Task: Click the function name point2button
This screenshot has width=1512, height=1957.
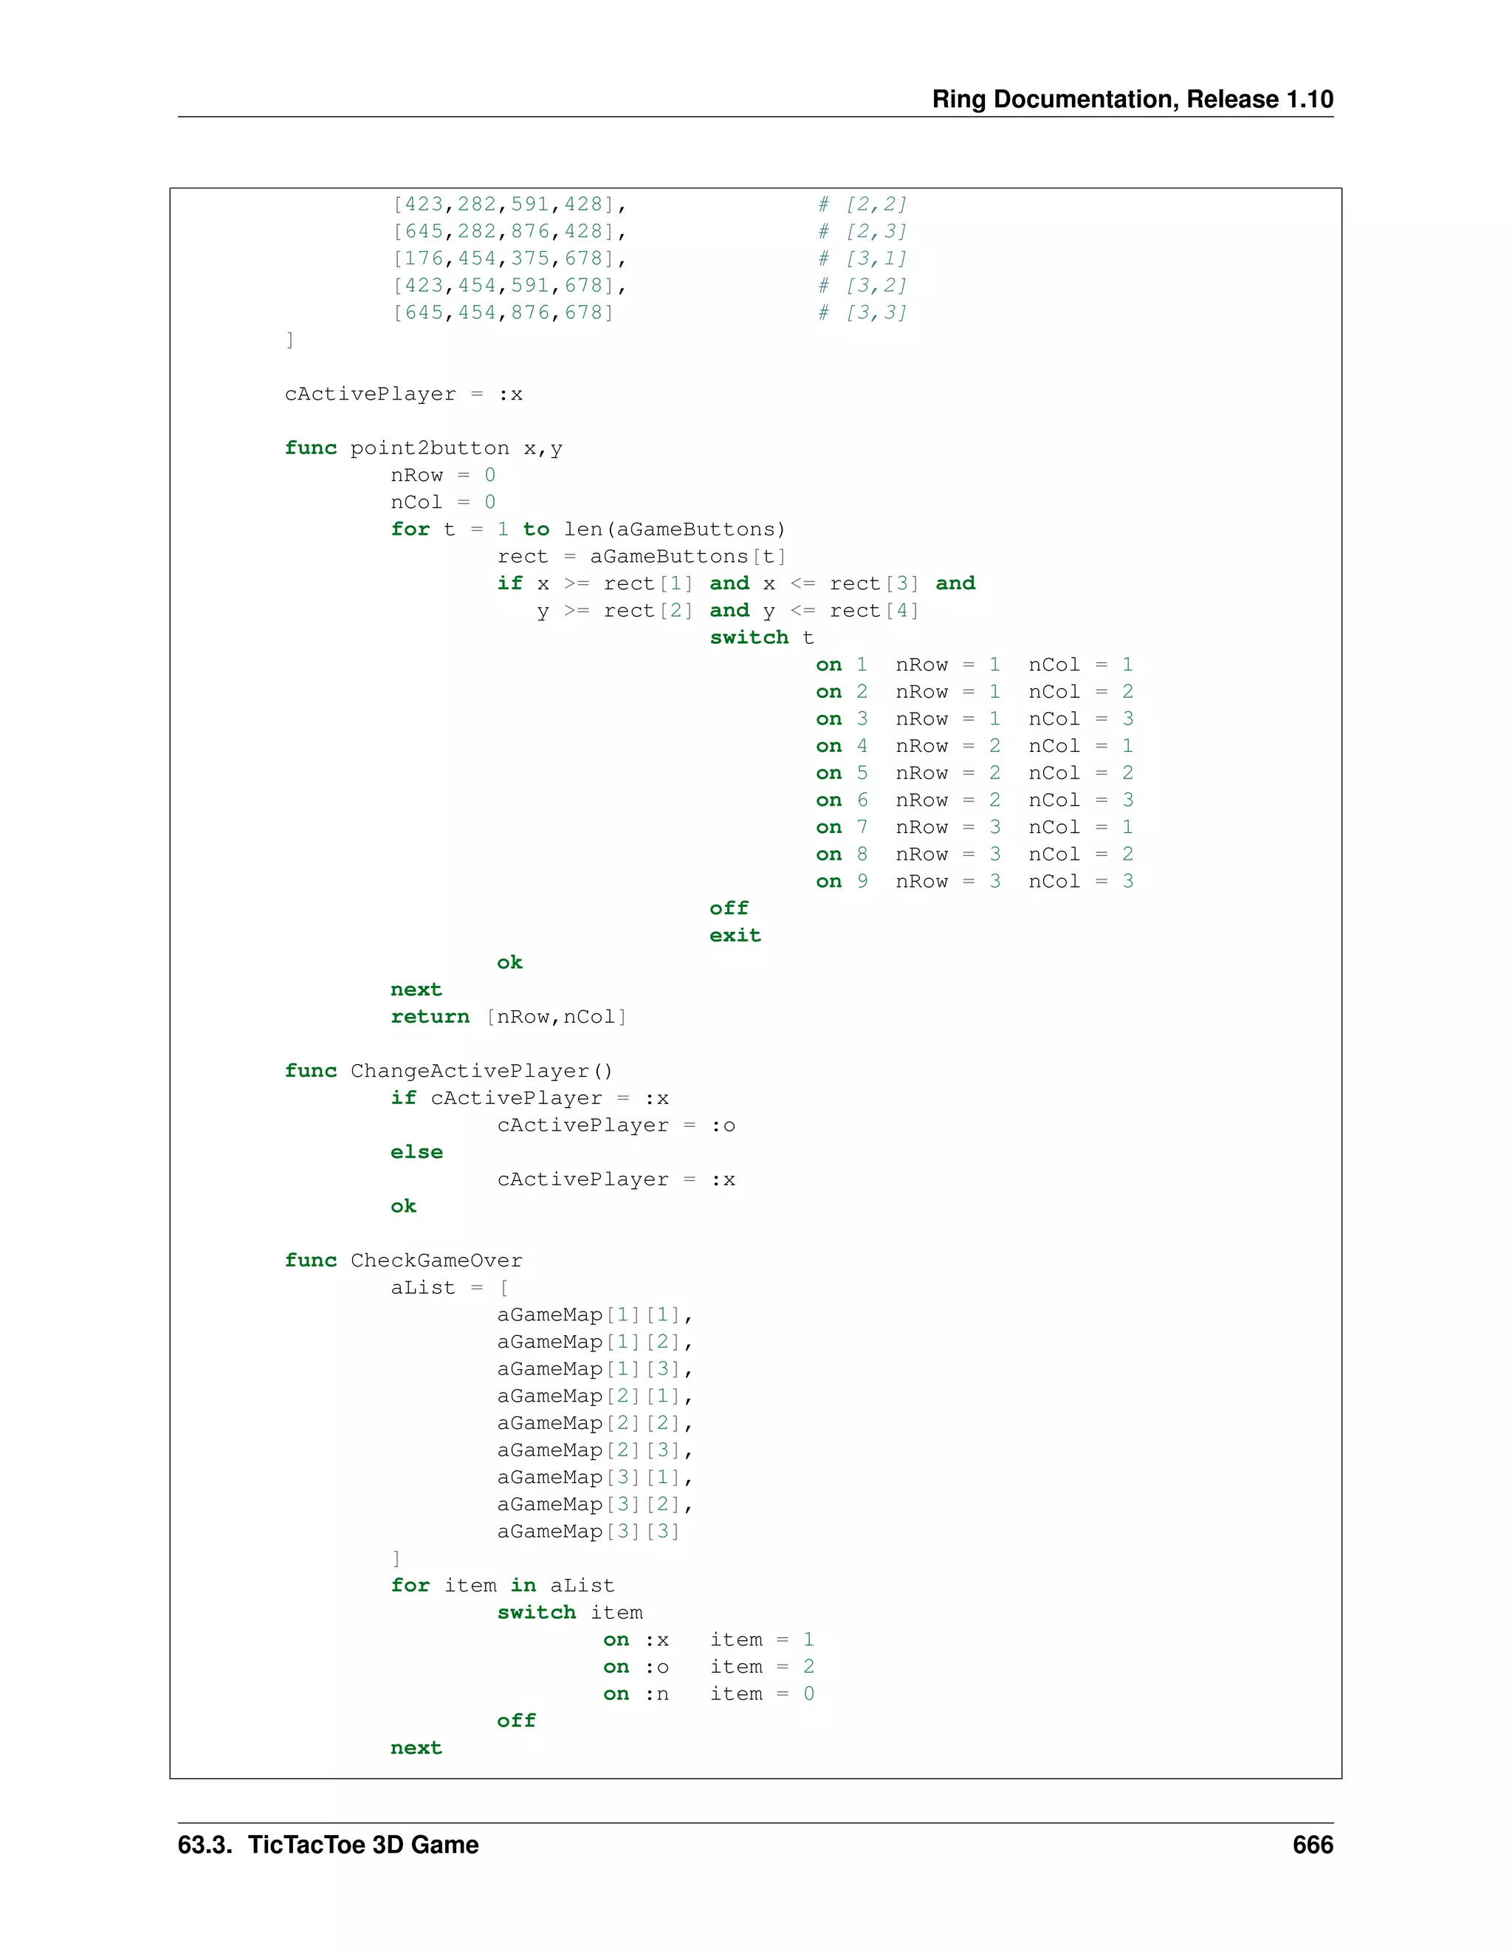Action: tap(429, 448)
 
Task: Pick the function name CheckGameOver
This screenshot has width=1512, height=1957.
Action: tap(436, 1260)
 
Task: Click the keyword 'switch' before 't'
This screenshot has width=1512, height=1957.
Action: tap(749, 637)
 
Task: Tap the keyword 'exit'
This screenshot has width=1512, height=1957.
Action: tap(735, 935)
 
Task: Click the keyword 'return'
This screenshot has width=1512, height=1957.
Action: tap(430, 1016)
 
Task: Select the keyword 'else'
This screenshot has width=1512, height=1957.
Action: tap(416, 1151)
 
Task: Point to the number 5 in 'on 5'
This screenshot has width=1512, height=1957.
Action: tap(862, 772)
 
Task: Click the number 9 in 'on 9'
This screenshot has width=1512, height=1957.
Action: tap(862, 881)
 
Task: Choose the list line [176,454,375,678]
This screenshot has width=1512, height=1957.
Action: tap(509, 259)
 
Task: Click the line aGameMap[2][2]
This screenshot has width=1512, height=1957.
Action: tap(594, 1423)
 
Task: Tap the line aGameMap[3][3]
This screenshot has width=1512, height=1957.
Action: tap(588, 1532)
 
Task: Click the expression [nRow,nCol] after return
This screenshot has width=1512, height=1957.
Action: tap(556, 1016)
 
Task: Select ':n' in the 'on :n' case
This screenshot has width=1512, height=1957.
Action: tap(656, 1693)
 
